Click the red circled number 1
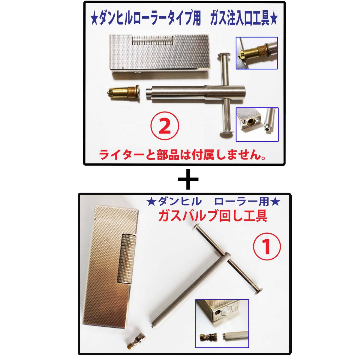(267, 247)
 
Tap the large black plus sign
(188, 179)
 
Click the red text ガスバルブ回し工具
(213, 215)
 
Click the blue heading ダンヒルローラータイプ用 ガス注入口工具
(184, 19)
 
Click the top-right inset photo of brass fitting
(256, 53)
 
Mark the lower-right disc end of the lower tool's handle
(259, 289)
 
